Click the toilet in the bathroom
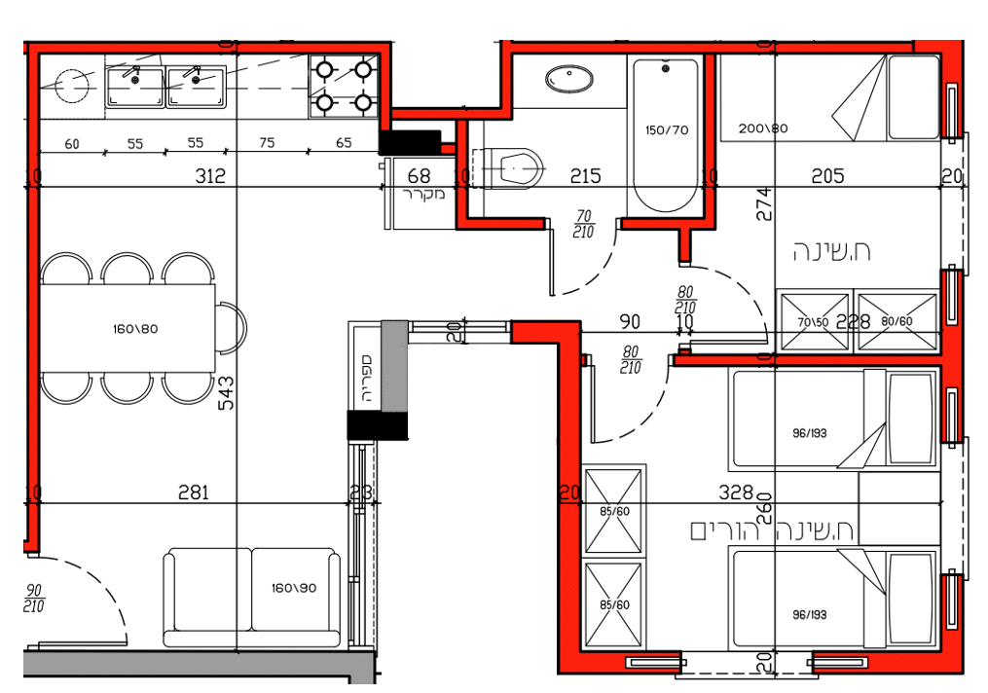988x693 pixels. (x=513, y=168)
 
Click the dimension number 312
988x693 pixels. (x=210, y=176)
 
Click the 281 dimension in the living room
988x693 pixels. (x=194, y=493)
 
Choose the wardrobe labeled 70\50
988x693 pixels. (x=814, y=321)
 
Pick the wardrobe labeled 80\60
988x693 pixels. (x=897, y=321)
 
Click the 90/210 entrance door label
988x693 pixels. (x=35, y=598)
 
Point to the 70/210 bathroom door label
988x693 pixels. (x=584, y=224)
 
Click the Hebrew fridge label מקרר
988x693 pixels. (x=423, y=194)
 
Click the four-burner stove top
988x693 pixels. (x=344, y=85)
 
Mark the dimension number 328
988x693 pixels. (x=737, y=493)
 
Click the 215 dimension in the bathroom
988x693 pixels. (x=585, y=176)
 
